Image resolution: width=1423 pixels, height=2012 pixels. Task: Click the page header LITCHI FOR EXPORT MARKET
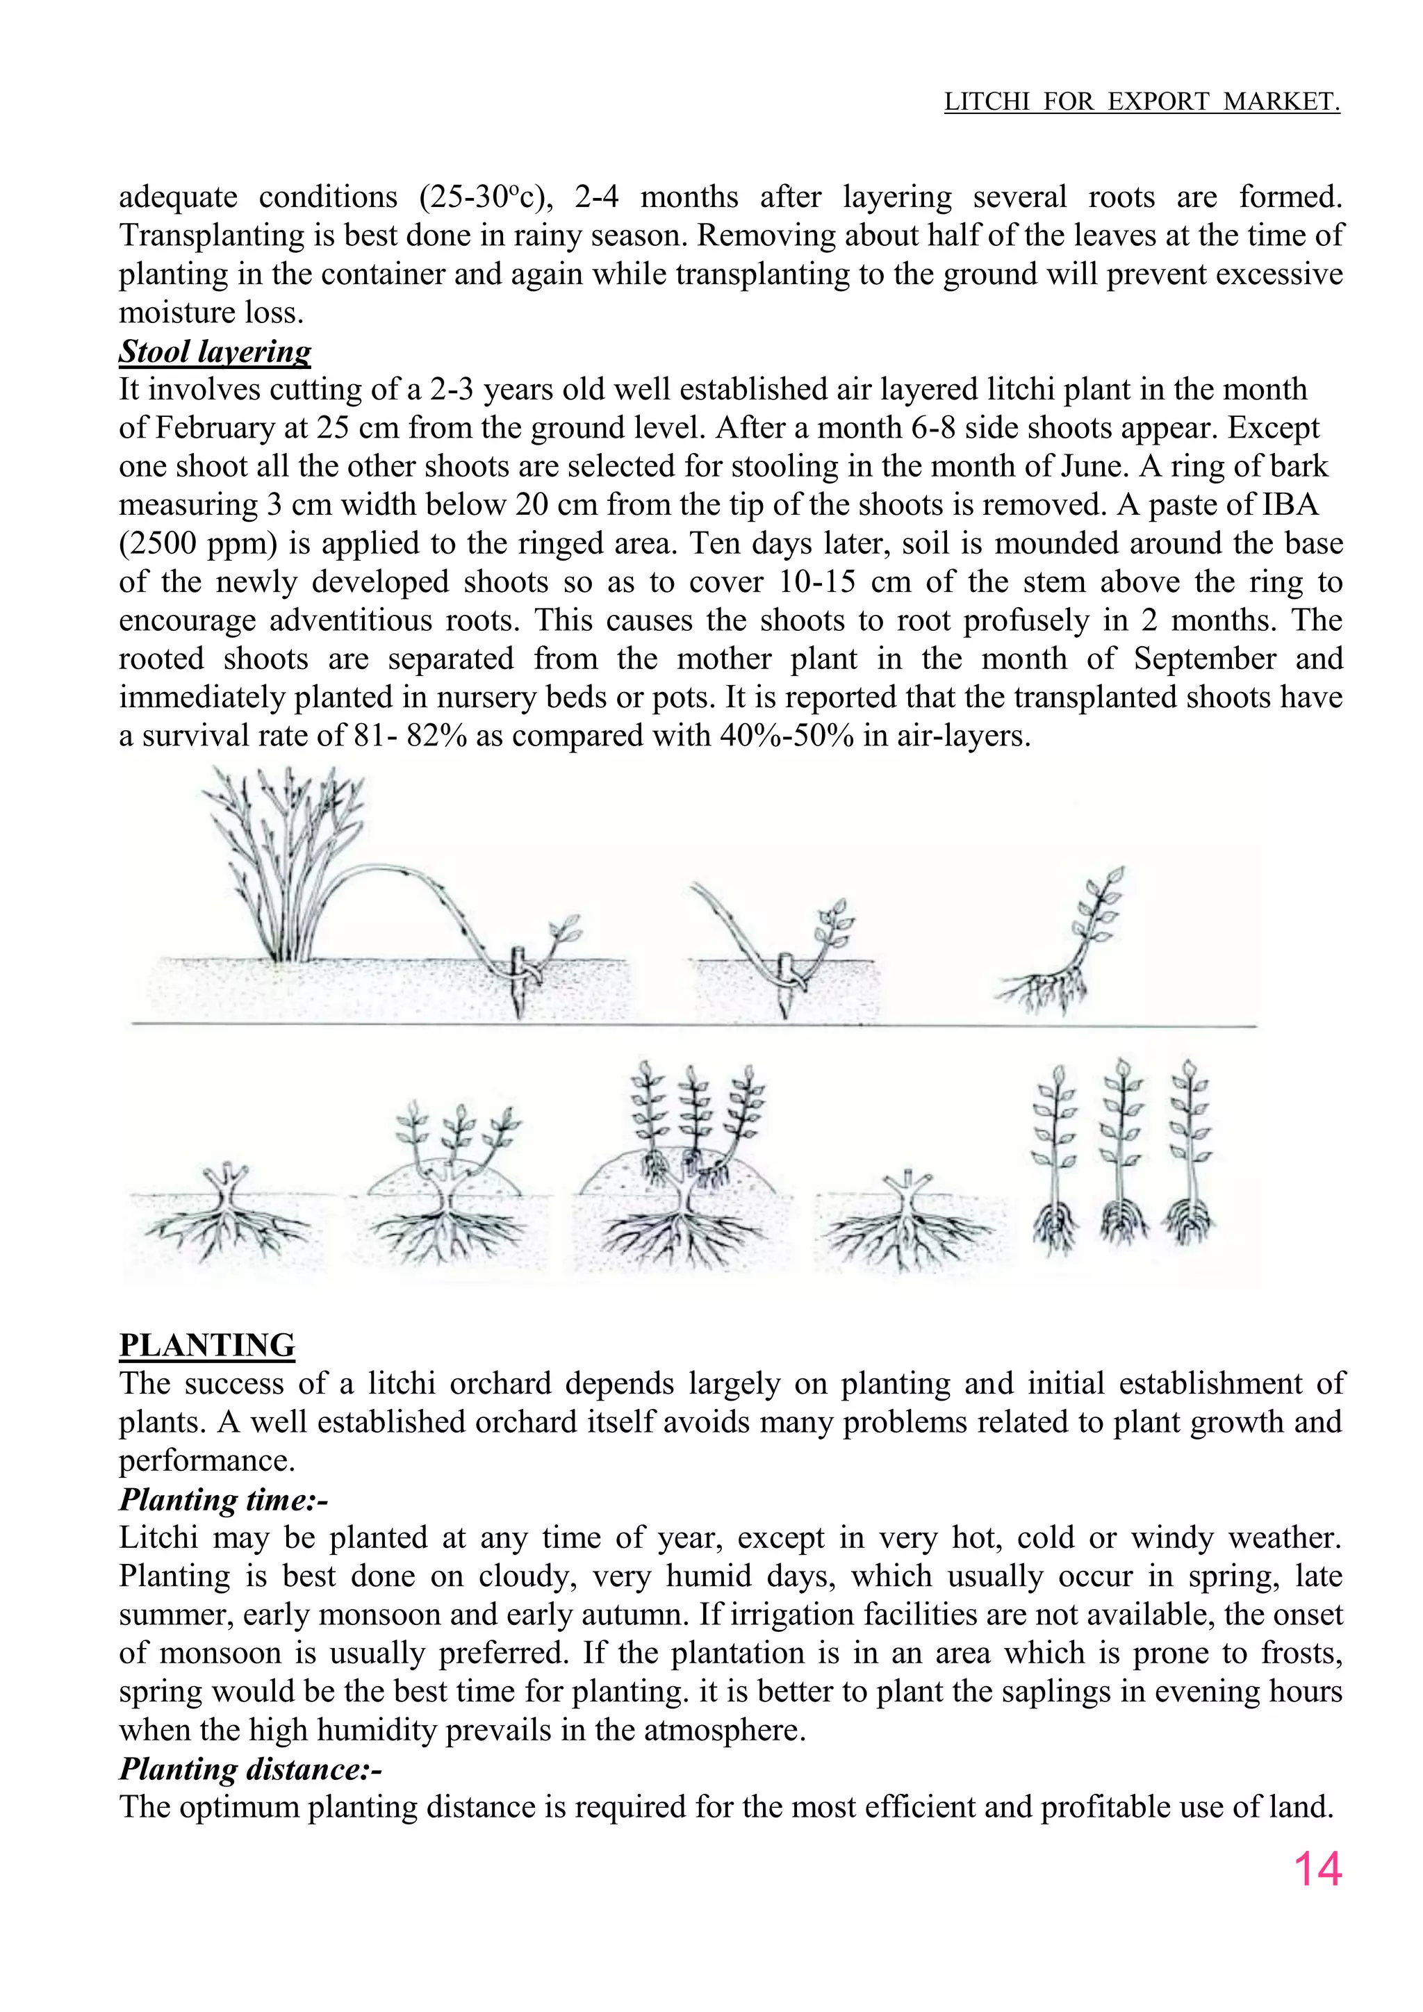point(1141,103)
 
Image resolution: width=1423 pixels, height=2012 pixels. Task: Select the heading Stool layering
point(215,352)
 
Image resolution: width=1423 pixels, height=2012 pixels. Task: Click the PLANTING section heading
point(207,1344)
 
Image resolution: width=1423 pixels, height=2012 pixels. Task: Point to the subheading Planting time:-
point(224,1499)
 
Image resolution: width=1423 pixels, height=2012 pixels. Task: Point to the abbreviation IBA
point(1291,505)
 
